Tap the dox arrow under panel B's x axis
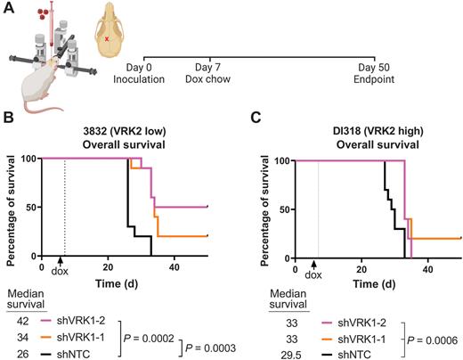61,264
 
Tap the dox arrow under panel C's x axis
314,264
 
